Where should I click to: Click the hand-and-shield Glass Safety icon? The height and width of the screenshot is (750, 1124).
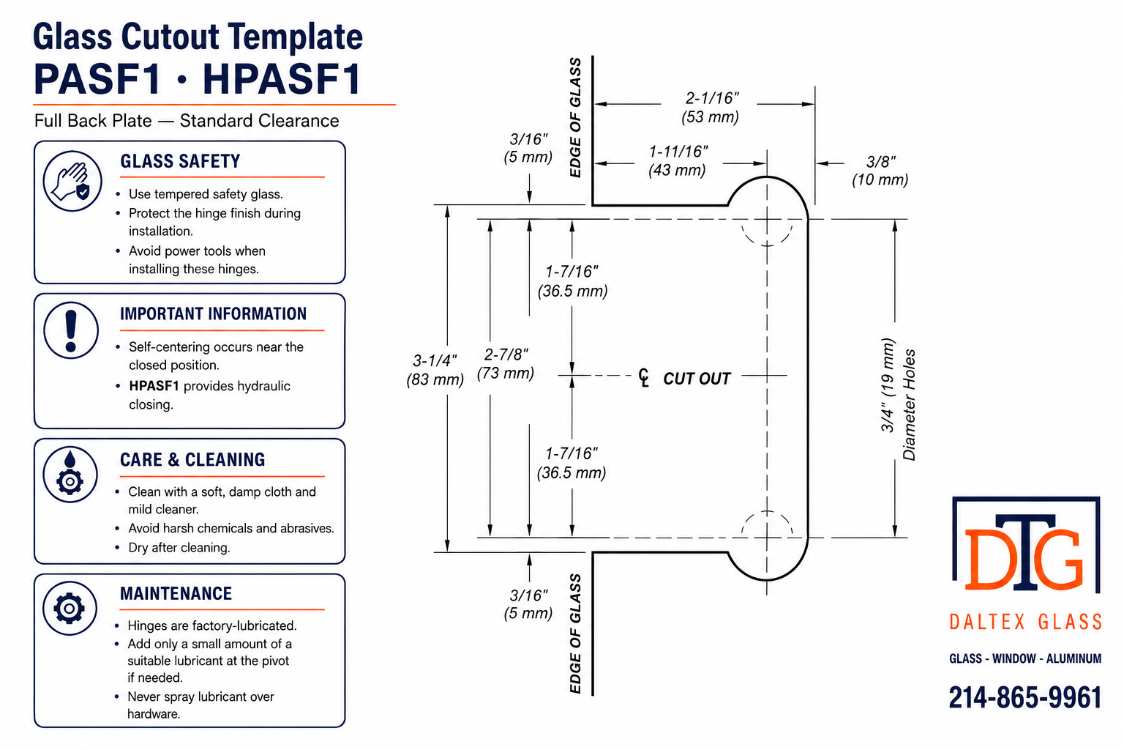(x=72, y=181)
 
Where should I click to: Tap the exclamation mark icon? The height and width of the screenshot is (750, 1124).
(x=71, y=330)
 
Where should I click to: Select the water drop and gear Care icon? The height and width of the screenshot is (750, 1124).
(x=70, y=474)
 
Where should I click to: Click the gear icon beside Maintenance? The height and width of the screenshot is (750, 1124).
(x=70, y=609)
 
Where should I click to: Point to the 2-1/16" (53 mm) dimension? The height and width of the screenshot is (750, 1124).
(x=711, y=107)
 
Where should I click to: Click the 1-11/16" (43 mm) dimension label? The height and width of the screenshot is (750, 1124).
(x=678, y=160)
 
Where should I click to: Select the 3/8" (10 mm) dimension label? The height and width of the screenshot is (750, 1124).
(x=880, y=171)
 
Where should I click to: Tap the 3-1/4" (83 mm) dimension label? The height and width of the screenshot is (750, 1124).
(x=435, y=370)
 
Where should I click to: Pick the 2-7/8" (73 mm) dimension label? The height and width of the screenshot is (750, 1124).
(x=506, y=364)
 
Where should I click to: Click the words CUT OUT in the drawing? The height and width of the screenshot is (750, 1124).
(x=697, y=378)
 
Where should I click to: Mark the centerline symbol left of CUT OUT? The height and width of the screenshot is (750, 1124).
(x=644, y=378)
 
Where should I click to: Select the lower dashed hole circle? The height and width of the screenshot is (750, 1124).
(x=767, y=511)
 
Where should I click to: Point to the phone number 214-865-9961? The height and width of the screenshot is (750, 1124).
(x=1025, y=697)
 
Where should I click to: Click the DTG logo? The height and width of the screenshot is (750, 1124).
(x=1026, y=544)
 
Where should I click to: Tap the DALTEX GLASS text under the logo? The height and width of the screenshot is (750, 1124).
(x=1026, y=622)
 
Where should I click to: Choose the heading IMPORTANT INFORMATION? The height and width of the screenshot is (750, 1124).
(x=213, y=313)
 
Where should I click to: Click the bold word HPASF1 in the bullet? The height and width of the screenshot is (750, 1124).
(x=154, y=386)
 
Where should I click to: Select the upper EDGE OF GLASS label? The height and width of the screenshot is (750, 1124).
(x=575, y=117)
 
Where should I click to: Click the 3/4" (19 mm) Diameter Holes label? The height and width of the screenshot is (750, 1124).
(x=898, y=399)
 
